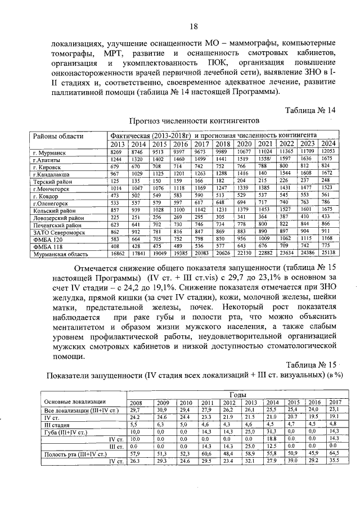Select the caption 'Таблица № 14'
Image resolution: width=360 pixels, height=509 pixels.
[310, 110]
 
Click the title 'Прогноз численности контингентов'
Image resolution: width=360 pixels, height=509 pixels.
[195, 120]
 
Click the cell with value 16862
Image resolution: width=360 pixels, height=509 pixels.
[119, 254]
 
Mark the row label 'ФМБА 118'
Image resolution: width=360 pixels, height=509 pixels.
[49, 246]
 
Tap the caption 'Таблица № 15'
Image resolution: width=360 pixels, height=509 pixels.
[310, 364]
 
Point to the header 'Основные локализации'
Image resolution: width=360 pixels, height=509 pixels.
[75, 402]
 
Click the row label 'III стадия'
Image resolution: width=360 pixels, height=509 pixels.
[57, 424]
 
